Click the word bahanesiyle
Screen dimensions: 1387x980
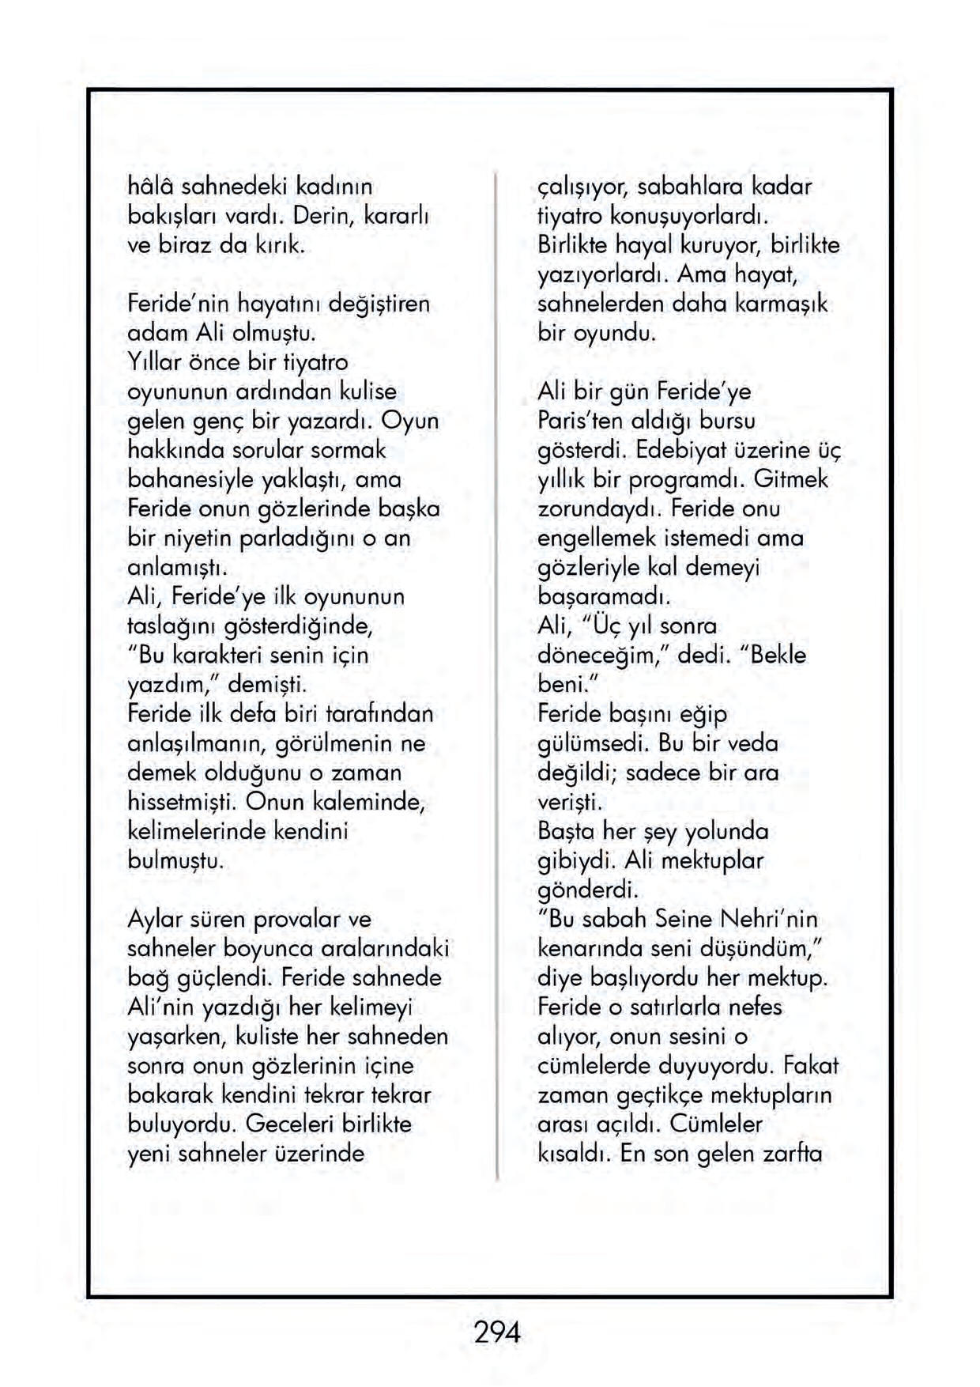pos(190,479)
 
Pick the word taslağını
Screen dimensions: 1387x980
pos(173,625)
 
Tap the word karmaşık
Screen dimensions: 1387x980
pos(781,304)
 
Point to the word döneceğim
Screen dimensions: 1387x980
pos(603,656)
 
